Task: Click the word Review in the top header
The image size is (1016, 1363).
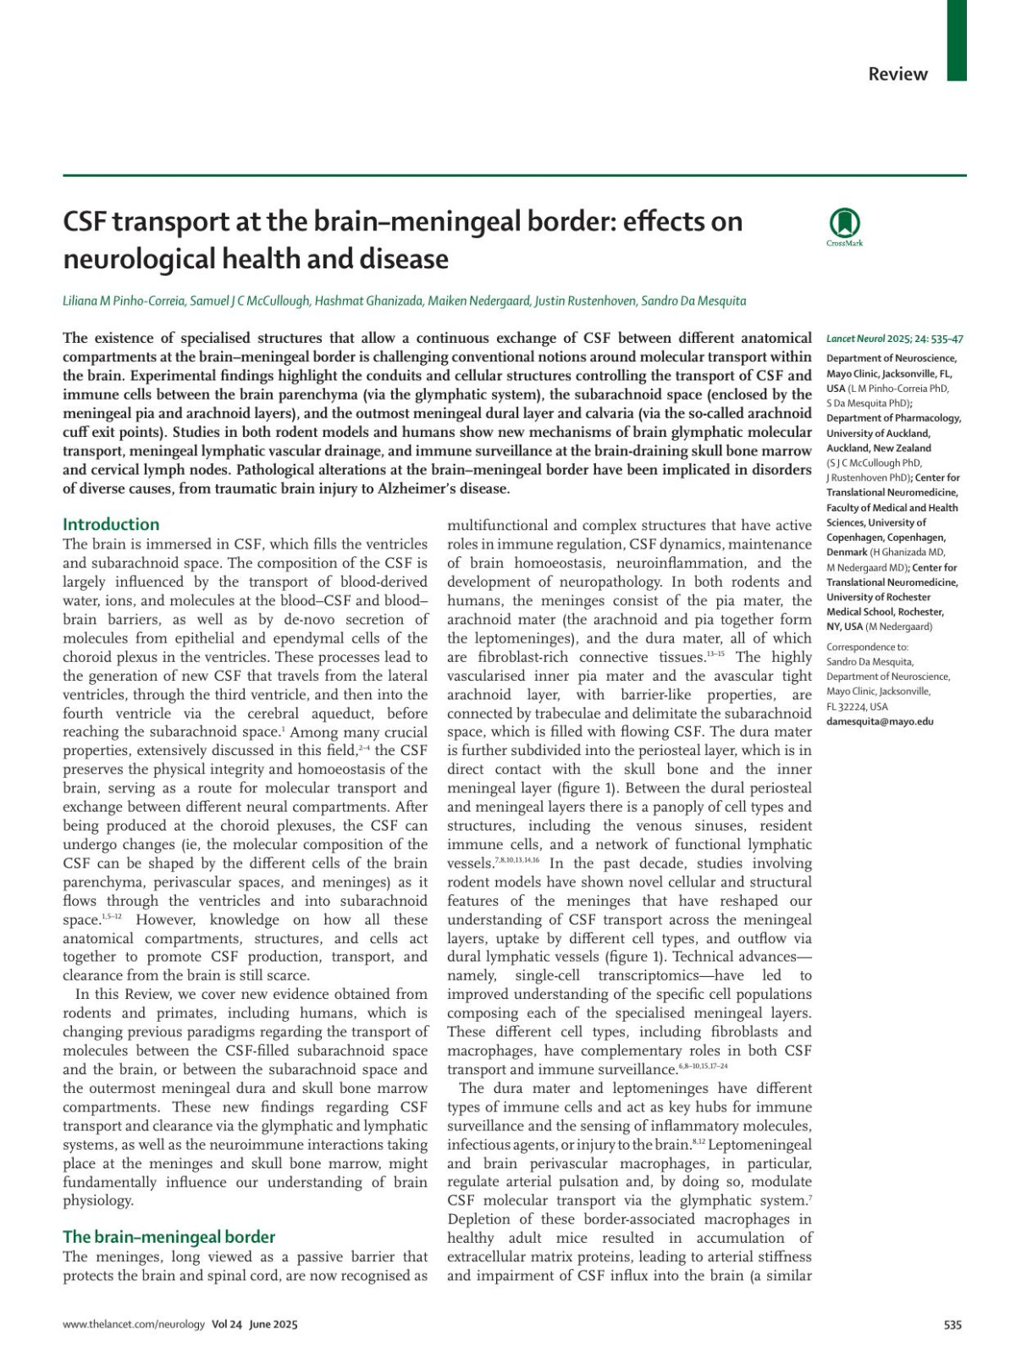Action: [x=897, y=74]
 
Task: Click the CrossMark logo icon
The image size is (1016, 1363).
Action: [x=844, y=224]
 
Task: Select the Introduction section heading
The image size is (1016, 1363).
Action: [x=111, y=524]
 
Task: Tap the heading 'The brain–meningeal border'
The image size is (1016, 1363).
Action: [x=168, y=1237]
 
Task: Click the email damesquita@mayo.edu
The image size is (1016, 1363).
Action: [x=880, y=721]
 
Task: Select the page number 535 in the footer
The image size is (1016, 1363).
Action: [x=952, y=1325]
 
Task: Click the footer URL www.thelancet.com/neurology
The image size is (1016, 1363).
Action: [x=134, y=1325]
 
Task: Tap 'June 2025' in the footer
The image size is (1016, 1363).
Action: [x=273, y=1325]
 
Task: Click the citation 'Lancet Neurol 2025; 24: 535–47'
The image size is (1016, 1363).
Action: [x=894, y=339]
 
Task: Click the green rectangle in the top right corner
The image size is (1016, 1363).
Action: [x=956, y=40]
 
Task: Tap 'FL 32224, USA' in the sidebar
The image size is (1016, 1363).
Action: [x=857, y=706]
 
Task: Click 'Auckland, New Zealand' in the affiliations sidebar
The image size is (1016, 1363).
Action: [x=878, y=448]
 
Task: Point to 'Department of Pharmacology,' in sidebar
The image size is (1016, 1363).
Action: [x=893, y=417]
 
